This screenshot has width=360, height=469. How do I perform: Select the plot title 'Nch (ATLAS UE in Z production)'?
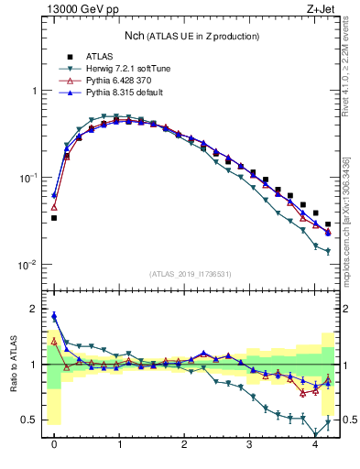(x=192, y=36)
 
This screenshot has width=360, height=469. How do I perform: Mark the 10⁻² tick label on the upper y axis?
(x=27, y=265)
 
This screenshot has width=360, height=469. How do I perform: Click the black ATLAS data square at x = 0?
(x=54, y=218)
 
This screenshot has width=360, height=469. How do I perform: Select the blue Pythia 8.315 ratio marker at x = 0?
(x=54, y=316)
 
